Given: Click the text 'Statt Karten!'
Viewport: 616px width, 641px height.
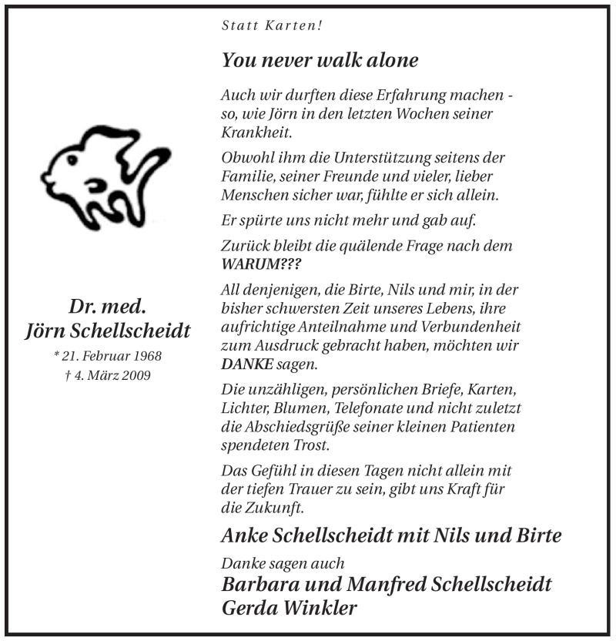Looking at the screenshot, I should tap(272, 25).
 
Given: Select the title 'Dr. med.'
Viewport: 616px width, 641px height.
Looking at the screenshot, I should tap(107, 306).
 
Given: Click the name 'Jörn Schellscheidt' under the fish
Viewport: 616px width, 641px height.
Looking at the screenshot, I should tap(107, 331).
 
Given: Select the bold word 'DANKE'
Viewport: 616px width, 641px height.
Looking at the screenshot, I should tap(243, 364).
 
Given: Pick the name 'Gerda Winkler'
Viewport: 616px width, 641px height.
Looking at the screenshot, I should tap(289, 609).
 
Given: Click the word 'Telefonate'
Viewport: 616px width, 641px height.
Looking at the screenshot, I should tap(379, 408).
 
